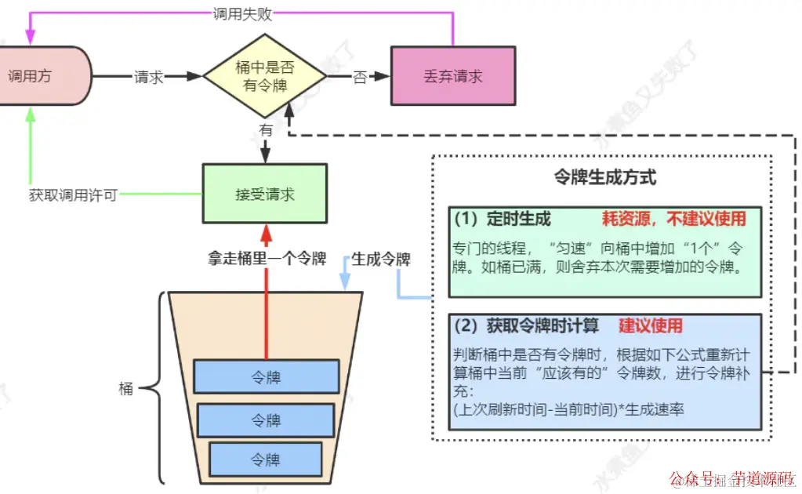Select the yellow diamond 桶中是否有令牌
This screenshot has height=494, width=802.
coord(265,77)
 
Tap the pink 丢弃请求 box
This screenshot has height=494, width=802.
coord(452,76)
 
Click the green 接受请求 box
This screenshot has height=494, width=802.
coord(265,194)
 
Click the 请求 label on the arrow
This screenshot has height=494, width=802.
coord(148,77)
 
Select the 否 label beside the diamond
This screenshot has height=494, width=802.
coord(360,77)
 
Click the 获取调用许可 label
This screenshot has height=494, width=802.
coord(73,194)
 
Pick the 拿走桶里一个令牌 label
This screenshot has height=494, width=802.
coord(267,258)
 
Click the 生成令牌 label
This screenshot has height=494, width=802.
coord(380,258)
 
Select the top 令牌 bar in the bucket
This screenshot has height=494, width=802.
coord(266,377)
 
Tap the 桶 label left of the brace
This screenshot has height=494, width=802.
coord(126,388)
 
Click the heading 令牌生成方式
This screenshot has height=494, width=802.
coord(604,177)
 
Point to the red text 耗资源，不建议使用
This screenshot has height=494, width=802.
coord(673,219)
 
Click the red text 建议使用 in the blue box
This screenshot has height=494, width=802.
coord(651,325)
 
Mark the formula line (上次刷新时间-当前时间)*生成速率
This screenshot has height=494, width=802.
coord(557,409)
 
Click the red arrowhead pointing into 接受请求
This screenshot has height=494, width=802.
coord(266,233)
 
